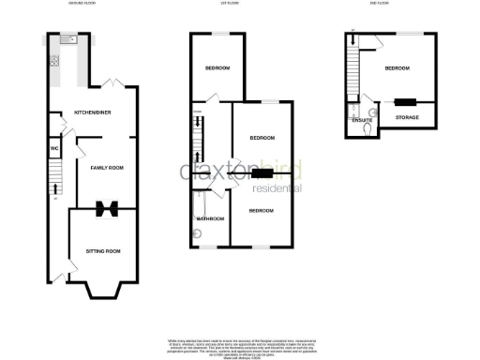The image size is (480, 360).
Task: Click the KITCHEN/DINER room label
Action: [94, 114]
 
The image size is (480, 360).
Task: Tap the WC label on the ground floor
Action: [55, 147]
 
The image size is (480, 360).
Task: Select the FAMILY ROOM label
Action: [106, 168]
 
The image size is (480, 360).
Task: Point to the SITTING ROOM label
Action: [103, 251]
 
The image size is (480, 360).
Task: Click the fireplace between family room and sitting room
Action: [108, 207]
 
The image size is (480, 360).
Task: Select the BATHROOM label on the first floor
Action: [210, 219]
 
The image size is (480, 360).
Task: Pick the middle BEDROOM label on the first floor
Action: [262, 138]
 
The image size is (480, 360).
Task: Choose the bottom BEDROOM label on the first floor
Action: [262, 210]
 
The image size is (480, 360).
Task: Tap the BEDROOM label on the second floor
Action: [397, 68]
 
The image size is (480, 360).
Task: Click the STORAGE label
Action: [407, 117]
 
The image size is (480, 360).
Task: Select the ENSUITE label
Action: [362, 121]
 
